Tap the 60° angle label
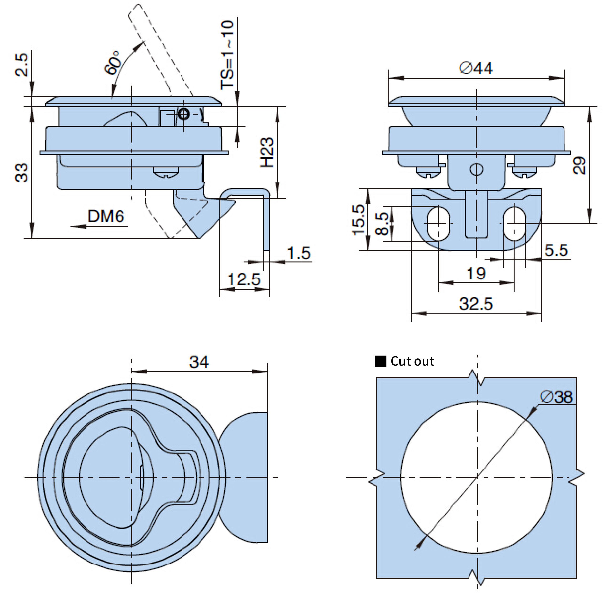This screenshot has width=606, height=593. (x=112, y=63)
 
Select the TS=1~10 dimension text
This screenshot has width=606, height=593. (x=227, y=55)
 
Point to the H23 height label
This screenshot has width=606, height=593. (x=267, y=152)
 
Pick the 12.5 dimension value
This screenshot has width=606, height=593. (x=244, y=279)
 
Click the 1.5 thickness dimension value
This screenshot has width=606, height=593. (x=298, y=253)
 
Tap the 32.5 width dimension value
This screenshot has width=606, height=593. (x=476, y=303)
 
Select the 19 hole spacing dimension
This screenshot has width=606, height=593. (x=476, y=273)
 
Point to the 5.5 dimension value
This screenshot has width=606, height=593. (x=556, y=250)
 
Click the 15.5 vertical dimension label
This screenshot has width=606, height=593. (x=358, y=220)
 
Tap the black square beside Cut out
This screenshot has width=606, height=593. (x=380, y=361)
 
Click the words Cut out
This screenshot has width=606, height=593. (x=412, y=361)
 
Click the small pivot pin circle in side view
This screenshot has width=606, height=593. (x=183, y=114)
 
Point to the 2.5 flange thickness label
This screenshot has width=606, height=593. (x=22, y=65)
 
